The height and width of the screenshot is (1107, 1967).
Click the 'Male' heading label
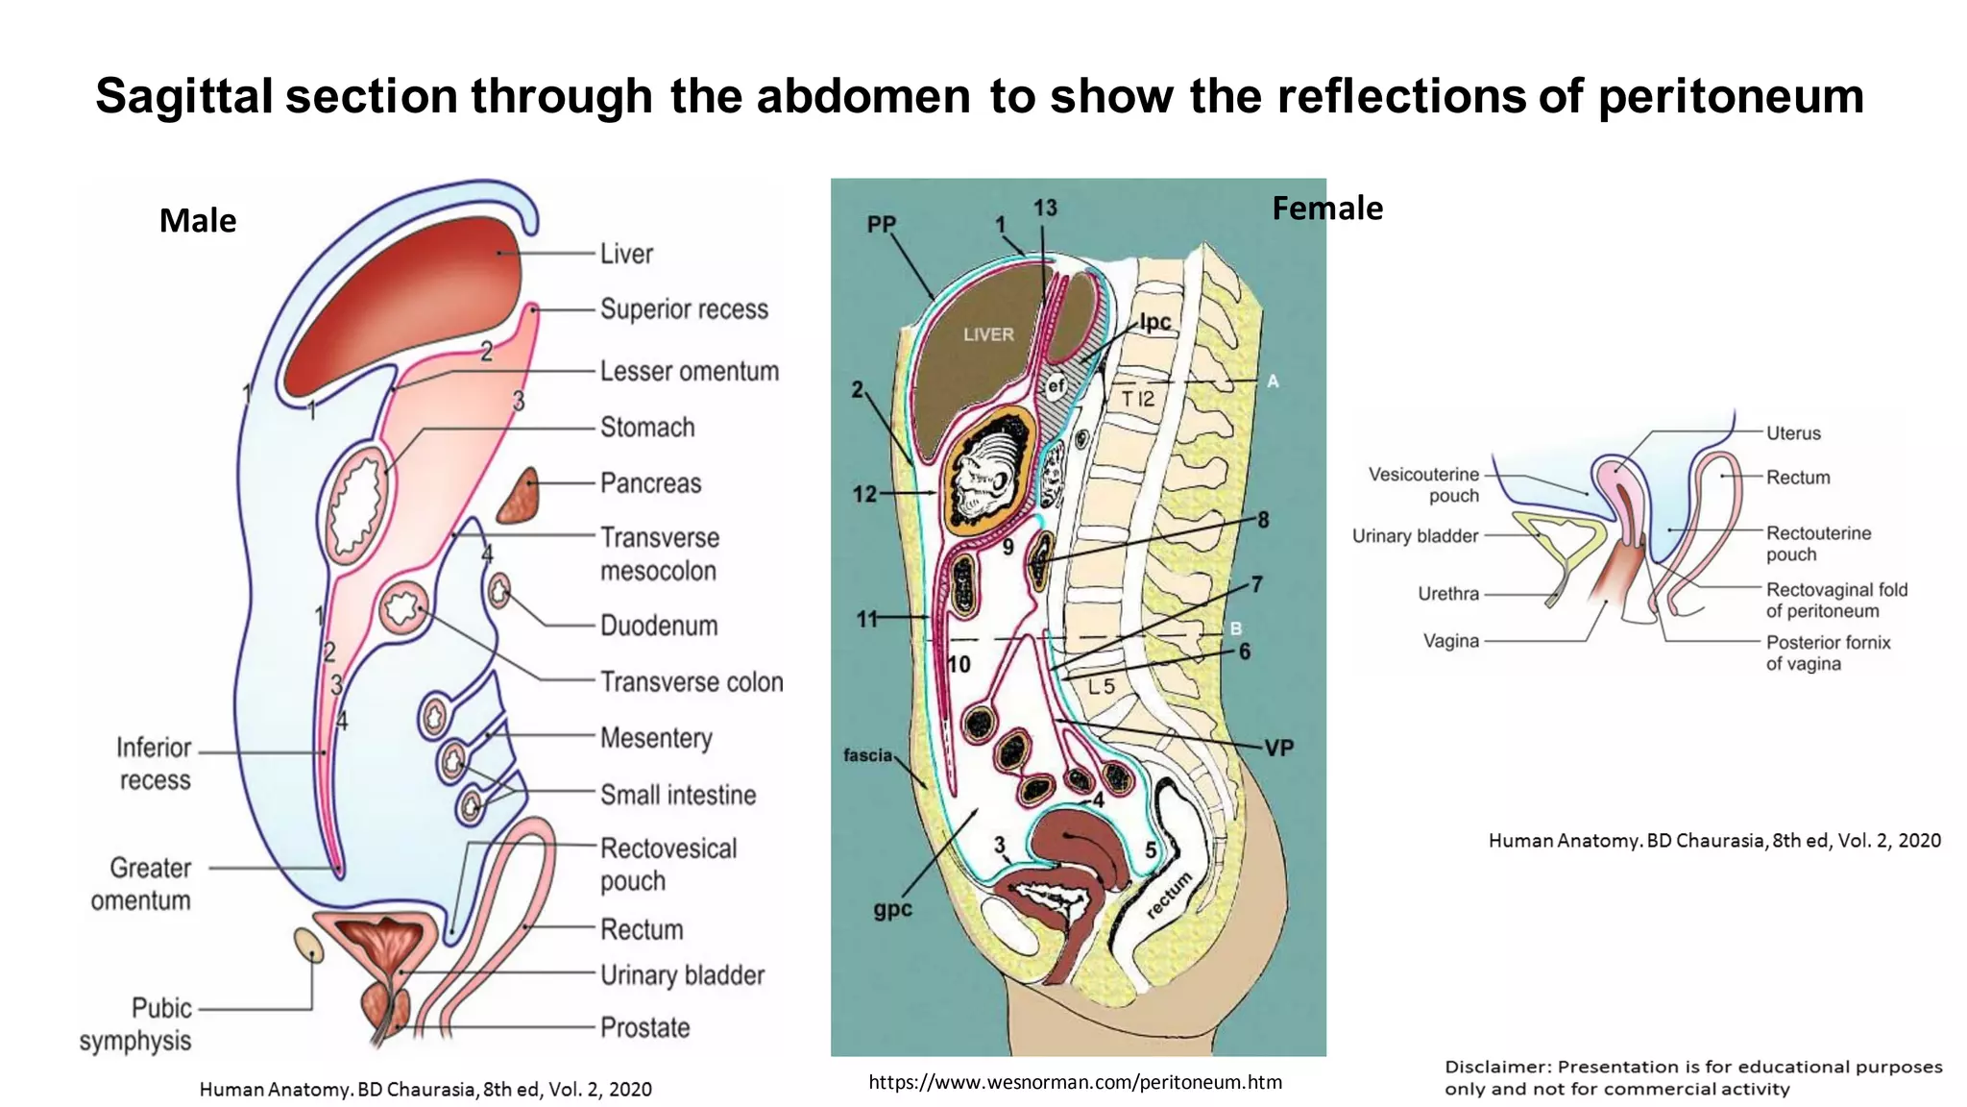(x=198, y=221)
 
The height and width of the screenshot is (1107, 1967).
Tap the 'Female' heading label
(x=1327, y=209)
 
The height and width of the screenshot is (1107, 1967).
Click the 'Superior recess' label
(x=684, y=309)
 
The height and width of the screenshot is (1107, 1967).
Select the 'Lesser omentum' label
(x=689, y=372)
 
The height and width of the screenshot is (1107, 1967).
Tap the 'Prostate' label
(x=644, y=1028)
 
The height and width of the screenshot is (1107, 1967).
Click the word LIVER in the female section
(x=988, y=334)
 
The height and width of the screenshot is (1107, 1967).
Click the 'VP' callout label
(x=1278, y=749)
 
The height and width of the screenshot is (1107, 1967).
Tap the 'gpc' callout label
(x=892, y=909)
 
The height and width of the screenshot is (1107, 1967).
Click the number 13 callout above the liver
(x=1045, y=208)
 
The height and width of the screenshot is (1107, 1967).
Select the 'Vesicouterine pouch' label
(x=1424, y=485)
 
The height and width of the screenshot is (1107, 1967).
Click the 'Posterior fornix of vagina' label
(x=1827, y=653)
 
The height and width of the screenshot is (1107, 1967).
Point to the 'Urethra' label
(x=1448, y=594)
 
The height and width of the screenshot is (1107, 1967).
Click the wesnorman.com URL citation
(x=1075, y=1082)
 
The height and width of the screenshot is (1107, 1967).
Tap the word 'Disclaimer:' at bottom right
(x=1497, y=1067)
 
